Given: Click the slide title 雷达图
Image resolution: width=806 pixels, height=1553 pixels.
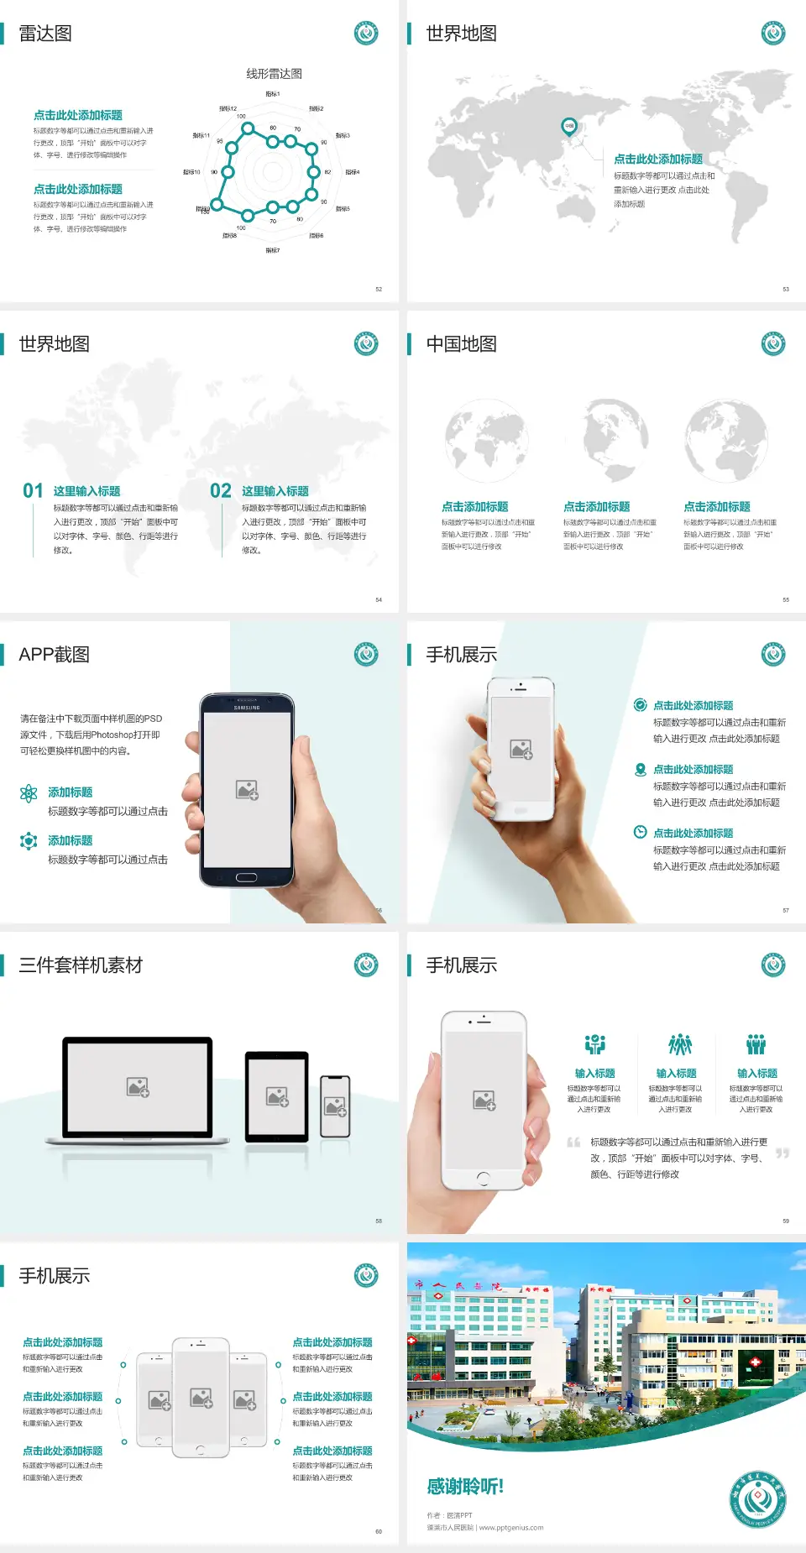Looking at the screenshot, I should [x=45, y=34].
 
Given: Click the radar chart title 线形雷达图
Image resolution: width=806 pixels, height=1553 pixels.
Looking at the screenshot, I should [x=274, y=74].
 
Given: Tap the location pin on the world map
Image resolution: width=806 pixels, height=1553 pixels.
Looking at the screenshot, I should [x=568, y=127].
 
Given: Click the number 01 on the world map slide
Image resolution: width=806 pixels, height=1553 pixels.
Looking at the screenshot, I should [x=33, y=491].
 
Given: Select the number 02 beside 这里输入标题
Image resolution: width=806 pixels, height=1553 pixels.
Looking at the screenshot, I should [x=221, y=491].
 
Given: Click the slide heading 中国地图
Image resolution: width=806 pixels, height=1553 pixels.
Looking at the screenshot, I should [x=461, y=344].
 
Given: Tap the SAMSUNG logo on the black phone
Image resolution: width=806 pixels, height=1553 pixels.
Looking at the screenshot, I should [x=247, y=708].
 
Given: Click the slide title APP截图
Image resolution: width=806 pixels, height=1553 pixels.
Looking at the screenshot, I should [x=54, y=655].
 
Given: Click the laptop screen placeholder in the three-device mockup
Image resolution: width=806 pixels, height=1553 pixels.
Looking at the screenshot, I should [x=138, y=1087].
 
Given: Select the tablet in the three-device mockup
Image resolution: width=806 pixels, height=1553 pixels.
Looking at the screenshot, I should [x=277, y=1095].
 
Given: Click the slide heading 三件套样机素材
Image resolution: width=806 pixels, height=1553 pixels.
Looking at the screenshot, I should [x=81, y=965].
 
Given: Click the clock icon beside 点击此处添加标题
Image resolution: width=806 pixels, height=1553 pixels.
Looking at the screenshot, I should [x=640, y=832].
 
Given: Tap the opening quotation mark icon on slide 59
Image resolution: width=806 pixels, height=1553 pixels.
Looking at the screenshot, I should [x=573, y=1142].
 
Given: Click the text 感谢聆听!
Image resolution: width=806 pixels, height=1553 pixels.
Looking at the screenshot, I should [x=465, y=1487].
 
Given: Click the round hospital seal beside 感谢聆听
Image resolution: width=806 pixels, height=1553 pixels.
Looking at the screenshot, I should [x=758, y=1498].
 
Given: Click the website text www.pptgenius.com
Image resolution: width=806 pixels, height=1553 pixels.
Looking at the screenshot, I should [x=511, y=1528].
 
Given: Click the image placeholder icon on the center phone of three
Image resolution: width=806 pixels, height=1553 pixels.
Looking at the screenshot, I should [x=201, y=1398].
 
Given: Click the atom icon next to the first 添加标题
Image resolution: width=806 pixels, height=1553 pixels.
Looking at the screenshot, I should [x=29, y=793].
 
